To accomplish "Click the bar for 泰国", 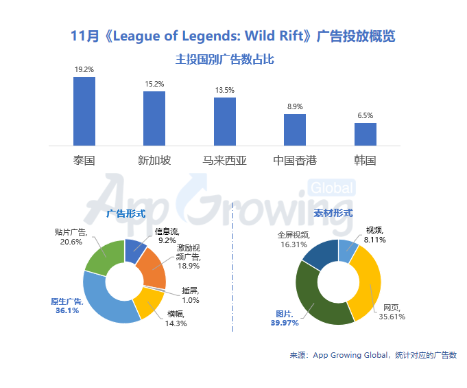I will [84, 111].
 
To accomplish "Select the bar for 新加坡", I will [154, 118].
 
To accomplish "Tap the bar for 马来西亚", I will [225, 121].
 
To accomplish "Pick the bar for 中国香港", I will [295, 130].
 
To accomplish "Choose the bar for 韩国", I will [365, 134].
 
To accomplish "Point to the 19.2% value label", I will [84, 70].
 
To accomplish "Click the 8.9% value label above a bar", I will [295, 107].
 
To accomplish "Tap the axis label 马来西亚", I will [225, 161].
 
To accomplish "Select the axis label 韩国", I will [365, 161].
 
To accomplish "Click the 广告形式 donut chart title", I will [125, 214].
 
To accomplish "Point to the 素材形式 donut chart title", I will [333, 214].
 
